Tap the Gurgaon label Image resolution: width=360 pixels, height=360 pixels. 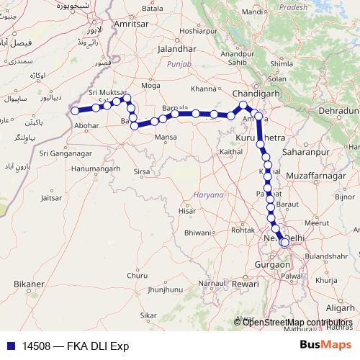[271, 265]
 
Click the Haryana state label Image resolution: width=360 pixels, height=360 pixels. [209, 195]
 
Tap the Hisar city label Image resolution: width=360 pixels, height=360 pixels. [186, 211]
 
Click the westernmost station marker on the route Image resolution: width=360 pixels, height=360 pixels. [75, 111]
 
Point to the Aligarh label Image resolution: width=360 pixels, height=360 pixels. [344, 307]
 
